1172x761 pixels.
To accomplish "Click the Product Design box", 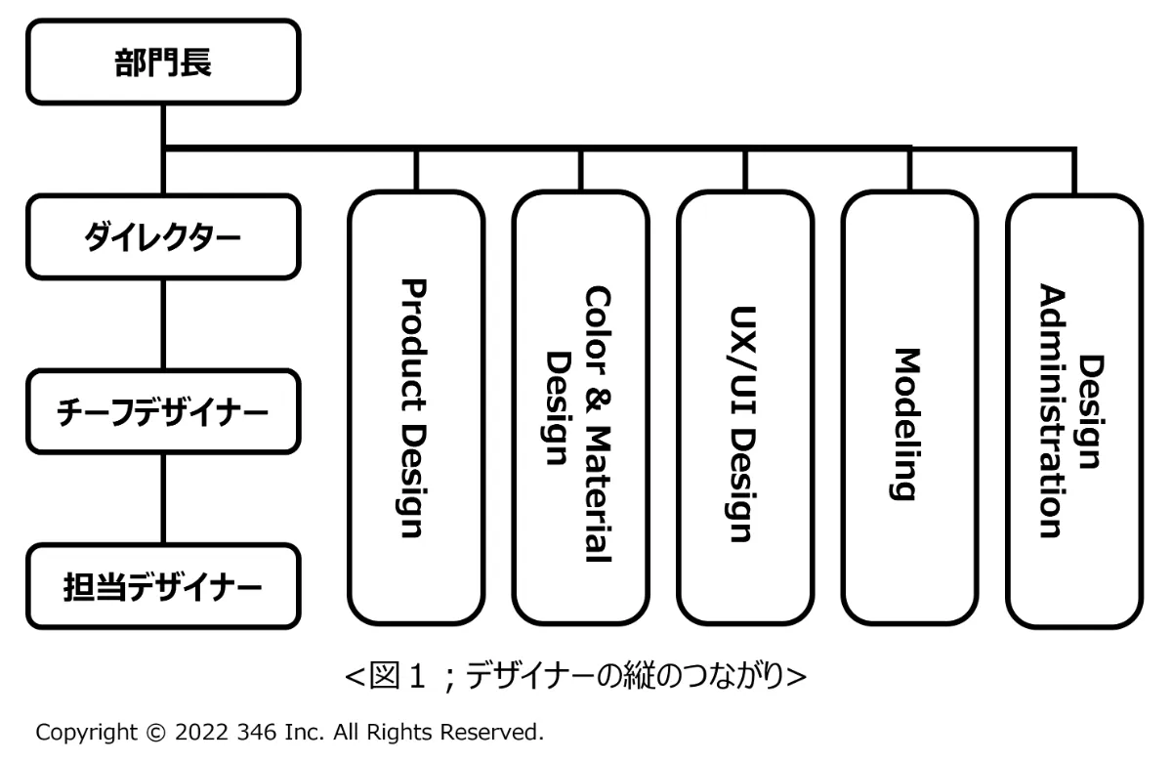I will pyautogui.click(x=416, y=408).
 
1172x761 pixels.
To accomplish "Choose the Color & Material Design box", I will pyautogui.click(x=580, y=408).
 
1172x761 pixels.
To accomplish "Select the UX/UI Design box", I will pyautogui.click(x=744, y=408).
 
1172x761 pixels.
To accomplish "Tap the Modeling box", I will pyautogui.click(x=909, y=408).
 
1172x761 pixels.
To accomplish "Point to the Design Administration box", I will pyautogui.click(x=1073, y=408).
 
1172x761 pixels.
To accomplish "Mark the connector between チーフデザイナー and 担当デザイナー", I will pyautogui.click(x=161, y=498).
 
